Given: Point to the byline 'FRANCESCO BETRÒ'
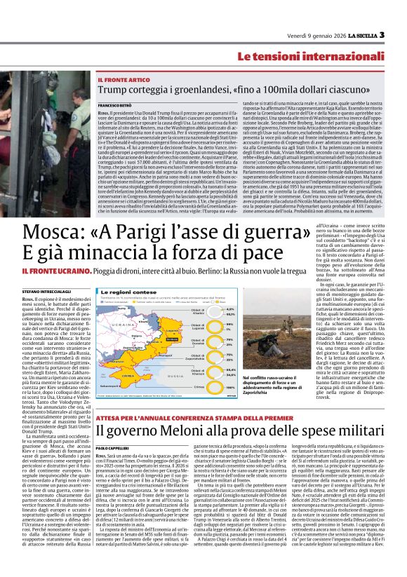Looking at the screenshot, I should [x=115, y=103].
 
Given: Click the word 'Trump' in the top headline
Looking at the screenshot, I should [x=114, y=90].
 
